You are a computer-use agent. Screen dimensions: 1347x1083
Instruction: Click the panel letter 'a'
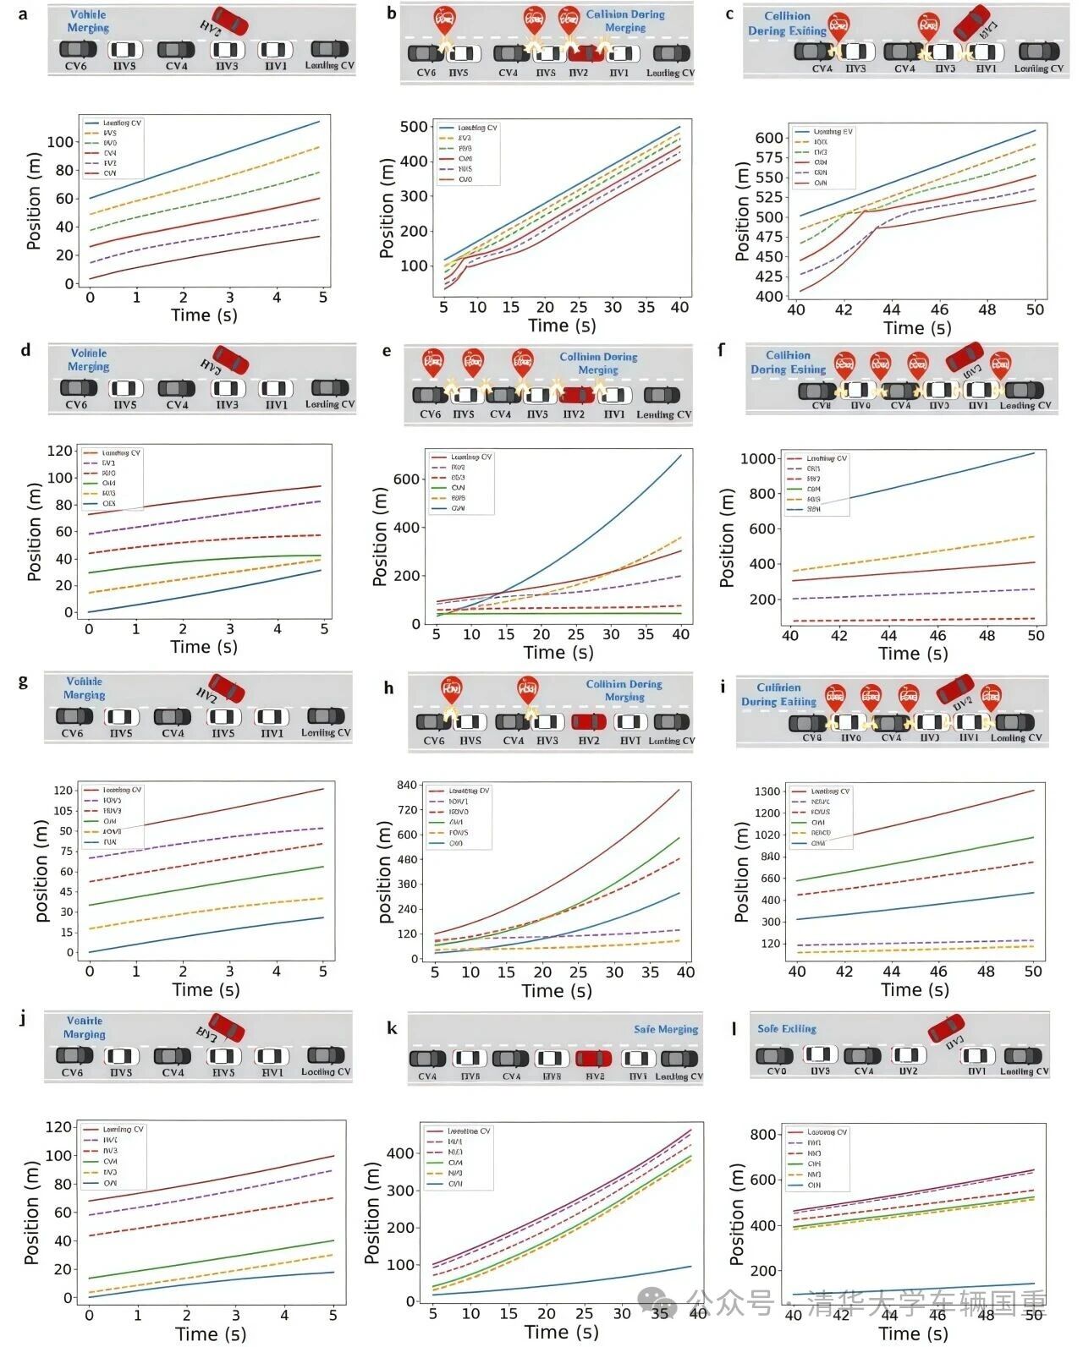point(24,14)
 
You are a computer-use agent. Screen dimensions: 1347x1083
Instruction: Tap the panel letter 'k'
point(391,1027)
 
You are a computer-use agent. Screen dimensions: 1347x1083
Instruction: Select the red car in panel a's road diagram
point(229,20)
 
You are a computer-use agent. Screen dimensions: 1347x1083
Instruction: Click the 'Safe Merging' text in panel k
point(666,1029)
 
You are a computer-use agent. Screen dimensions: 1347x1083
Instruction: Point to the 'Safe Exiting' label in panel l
point(786,1028)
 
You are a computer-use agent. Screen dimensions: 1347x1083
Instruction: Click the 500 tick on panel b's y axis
point(414,127)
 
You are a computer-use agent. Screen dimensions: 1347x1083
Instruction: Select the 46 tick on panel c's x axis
point(939,309)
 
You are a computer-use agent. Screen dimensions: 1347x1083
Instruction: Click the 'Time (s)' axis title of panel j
point(211,1333)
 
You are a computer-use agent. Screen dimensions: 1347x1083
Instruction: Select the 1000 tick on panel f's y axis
point(758,458)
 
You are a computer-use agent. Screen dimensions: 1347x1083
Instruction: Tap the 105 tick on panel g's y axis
point(63,811)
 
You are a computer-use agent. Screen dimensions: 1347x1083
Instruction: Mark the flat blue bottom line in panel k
point(558,1283)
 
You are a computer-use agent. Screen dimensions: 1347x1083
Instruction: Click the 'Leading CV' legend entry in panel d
point(122,453)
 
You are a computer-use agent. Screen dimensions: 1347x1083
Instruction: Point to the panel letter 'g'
point(23,682)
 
